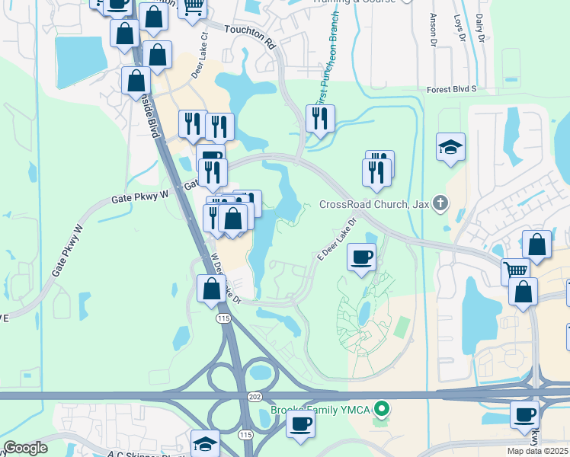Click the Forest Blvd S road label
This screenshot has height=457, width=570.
tap(451, 89)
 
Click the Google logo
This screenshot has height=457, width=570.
tap(25, 448)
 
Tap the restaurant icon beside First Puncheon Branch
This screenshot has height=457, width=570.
tap(320, 118)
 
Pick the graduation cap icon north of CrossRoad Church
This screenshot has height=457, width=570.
tap(451, 145)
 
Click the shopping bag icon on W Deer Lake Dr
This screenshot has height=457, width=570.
tap(211, 289)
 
